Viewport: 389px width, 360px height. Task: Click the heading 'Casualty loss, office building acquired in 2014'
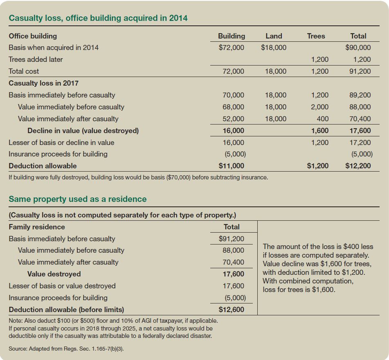point(98,18)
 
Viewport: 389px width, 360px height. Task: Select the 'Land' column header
point(274,36)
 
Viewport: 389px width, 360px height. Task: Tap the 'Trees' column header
point(316,36)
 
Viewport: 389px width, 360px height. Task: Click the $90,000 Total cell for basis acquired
point(358,48)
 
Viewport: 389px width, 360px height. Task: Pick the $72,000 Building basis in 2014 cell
point(231,48)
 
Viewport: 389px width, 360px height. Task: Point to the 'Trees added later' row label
point(36,59)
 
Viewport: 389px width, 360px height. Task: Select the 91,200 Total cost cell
point(361,71)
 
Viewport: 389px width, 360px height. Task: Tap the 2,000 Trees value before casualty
point(319,107)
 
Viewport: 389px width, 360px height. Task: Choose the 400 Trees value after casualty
point(322,119)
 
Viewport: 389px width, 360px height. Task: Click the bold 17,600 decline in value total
point(360,131)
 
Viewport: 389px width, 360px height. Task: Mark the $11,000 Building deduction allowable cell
point(231,166)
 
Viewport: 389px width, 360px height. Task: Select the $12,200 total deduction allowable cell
point(358,166)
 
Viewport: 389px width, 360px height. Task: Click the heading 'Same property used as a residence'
point(77,199)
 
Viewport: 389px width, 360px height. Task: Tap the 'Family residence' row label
point(37,227)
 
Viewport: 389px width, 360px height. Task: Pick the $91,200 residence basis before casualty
point(231,239)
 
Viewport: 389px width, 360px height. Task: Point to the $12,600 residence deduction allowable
point(231,310)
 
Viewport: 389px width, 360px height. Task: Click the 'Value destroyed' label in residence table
point(54,274)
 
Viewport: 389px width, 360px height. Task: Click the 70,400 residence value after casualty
point(234,262)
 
